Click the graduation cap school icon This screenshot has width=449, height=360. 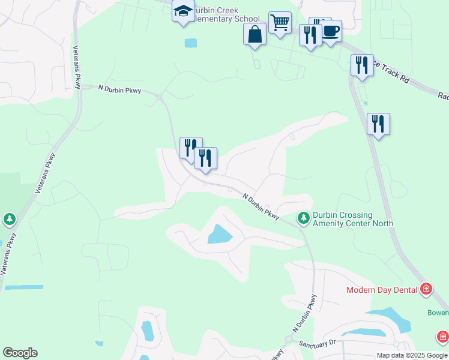click(183, 11)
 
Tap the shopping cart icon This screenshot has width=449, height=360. click(280, 23)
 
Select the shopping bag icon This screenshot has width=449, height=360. click(255, 34)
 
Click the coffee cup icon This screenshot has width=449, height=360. click(331, 31)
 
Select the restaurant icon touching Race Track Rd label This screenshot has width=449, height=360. click(361, 65)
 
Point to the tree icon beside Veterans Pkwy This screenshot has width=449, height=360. click(9, 220)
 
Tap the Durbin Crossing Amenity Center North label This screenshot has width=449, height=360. click(354, 219)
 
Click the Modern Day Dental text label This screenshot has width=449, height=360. click(382, 290)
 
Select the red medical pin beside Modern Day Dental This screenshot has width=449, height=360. click(426, 289)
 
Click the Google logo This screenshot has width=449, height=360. click(20, 353)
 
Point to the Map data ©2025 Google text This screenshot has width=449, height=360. click(411, 355)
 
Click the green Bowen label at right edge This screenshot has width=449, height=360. click(438, 313)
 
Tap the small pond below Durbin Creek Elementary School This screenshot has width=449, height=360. click(191, 43)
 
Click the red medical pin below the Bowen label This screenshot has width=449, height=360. click(443, 337)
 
